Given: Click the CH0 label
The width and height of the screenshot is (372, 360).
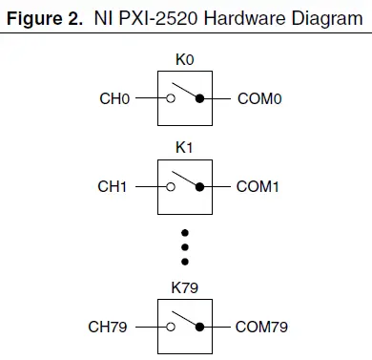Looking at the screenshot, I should [x=114, y=97].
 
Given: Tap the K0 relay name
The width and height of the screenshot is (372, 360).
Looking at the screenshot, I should [x=185, y=59].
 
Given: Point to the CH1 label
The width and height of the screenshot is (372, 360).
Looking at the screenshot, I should [x=114, y=187].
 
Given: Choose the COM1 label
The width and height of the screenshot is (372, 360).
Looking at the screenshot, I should [x=257, y=187].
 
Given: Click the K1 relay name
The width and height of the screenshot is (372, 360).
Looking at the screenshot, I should [x=185, y=149].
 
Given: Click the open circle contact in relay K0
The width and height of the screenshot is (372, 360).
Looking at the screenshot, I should [x=170, y=97].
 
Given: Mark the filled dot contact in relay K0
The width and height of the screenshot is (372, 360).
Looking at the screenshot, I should [x=200, y=97].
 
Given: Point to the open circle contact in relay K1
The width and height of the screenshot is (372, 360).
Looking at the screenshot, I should [x=170, y=187].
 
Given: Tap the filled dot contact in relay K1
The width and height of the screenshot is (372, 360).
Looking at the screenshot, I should [x=200, y=187].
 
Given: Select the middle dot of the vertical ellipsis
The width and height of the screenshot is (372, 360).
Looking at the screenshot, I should [x=185, y=245].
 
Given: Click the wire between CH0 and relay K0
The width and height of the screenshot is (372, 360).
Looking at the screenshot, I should [x=145, y=97].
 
